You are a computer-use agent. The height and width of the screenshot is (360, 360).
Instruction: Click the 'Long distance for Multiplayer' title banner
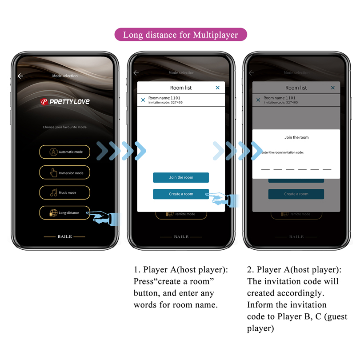tap(180, 35)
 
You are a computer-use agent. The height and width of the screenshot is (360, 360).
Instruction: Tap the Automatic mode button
tap(65, 152)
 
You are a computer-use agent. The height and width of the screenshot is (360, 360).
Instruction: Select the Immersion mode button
tap(65, 173)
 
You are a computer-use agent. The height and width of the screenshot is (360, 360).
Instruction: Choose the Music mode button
tap(65, 192)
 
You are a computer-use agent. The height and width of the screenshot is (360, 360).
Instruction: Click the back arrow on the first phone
tap(20, 76)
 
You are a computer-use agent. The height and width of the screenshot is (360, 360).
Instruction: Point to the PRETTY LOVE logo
tap(65, 102)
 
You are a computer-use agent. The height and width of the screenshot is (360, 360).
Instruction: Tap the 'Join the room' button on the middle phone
tap(181, 177)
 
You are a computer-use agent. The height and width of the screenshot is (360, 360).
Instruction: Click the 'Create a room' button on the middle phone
tap(181, 194)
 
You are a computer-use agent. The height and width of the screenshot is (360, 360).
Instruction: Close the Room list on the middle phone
tap(217, 88)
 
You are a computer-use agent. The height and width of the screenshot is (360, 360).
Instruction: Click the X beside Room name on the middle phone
tap(143, 100)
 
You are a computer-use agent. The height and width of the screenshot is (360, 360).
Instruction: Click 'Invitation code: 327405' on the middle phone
tap(165, 103)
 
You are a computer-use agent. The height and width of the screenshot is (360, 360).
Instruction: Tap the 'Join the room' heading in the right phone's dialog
tap(296, 137)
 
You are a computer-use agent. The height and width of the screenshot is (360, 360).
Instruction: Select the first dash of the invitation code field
tap(265, 169)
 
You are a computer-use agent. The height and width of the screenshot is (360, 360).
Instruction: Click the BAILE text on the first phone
tap(65, 236)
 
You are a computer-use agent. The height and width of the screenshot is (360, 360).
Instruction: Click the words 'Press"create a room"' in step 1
tap(174, 281)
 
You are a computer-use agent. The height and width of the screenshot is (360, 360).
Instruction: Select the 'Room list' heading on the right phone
tap(296, 88)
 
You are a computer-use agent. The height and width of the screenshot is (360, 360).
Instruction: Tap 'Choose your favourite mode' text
tap(65, 127)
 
